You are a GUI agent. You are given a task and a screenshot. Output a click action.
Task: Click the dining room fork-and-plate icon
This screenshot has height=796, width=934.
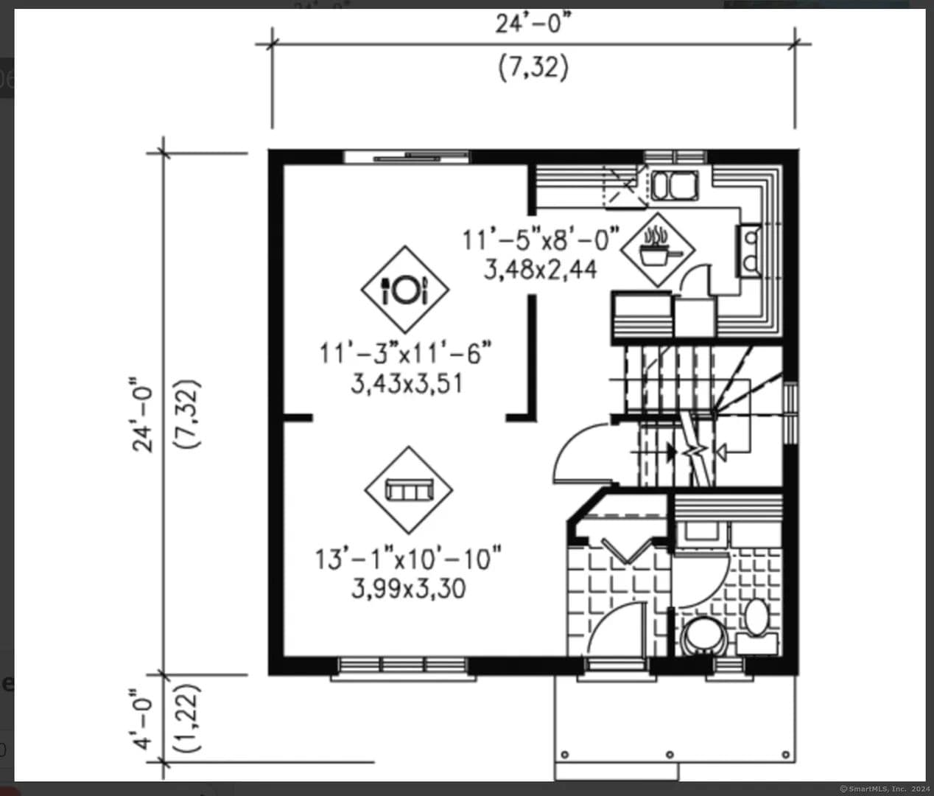click(x=405, y=290)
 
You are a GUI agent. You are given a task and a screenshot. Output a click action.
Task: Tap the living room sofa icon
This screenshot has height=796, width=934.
click(x=409, y=490)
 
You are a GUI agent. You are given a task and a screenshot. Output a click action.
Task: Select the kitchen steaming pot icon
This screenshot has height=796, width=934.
click(x=658, y=250)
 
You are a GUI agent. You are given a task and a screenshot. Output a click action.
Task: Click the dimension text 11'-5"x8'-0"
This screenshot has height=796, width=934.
click(x=541, y=240)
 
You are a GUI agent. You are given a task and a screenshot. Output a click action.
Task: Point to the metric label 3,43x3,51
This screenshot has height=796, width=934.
click(x=407, y=385)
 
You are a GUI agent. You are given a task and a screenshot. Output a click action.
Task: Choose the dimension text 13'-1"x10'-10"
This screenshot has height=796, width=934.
click(x=408, y=559)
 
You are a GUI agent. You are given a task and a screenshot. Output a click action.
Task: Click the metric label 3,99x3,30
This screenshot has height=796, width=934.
click(x=408, y=589)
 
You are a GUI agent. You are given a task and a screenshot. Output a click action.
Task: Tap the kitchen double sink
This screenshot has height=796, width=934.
click(x=674, y=186)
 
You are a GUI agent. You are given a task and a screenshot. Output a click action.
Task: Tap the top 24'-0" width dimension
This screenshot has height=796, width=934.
click(x=533, y=24)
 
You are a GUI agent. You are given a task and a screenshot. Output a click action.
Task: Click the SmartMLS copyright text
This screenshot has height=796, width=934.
click(x=885, y=789)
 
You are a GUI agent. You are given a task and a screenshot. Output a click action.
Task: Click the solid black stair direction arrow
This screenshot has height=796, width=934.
click(x=672, y=451)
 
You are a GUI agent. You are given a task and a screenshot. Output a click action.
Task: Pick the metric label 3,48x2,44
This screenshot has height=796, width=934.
click(x=541, y=270)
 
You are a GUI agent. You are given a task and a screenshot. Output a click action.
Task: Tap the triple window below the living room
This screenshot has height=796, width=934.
click(x=403, y=665)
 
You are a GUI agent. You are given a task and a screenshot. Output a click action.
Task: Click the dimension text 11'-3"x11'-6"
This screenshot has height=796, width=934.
click(x=405, y=353)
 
